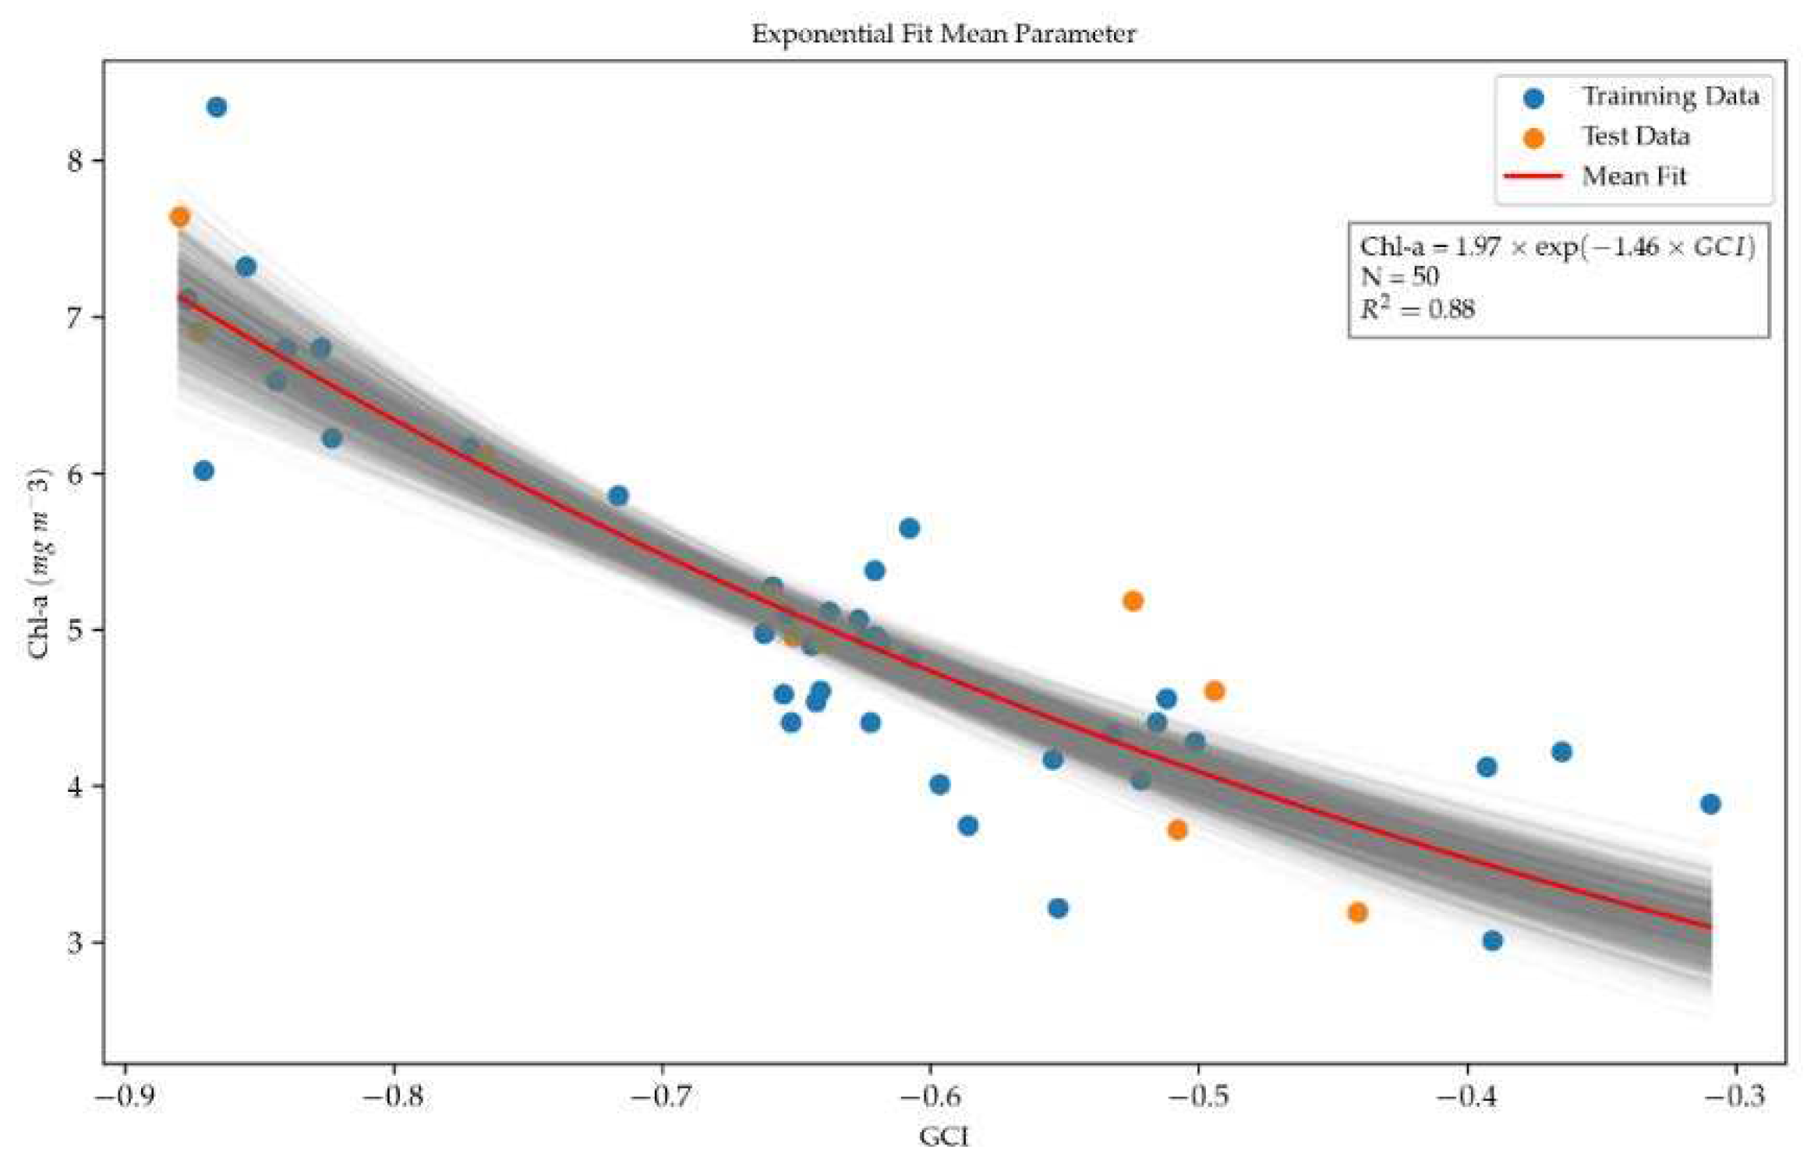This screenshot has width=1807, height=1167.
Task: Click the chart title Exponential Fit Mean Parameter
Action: click(943, 34)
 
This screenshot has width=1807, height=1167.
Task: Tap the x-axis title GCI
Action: click(944, 1137)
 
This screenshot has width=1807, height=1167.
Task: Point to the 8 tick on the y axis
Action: click(75, 161)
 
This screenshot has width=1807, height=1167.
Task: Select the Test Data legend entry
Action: click(1635, 136)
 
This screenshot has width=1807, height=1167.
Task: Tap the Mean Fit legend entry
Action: click(1633, 176)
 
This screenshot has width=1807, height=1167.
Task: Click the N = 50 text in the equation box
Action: click(1399, 277)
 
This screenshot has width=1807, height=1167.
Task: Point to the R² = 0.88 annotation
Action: click(1417, 309)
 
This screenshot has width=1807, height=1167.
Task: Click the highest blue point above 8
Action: click(217, 107)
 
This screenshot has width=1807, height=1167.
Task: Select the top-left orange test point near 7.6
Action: click(179, 217)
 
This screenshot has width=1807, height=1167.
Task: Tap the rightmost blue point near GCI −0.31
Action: click(1710, 804)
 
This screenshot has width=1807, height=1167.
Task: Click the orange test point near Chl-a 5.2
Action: click(1133, 601)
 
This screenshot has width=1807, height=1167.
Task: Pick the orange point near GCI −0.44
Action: click(1357, 912)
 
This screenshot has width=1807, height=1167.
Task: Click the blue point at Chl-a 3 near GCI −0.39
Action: click(1492, 941)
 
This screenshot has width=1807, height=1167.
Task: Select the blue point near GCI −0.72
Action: click(618, 496)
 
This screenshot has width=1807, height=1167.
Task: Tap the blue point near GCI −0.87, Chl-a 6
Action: click(203, 471)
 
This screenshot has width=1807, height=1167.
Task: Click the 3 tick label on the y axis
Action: click(75, 943)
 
